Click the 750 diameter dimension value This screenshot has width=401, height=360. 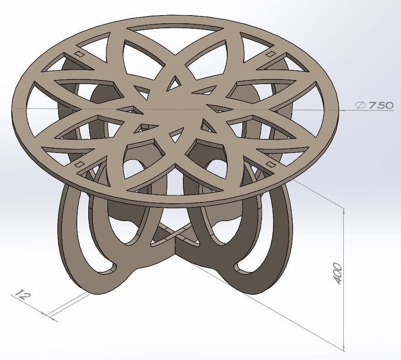(x=381, y=105)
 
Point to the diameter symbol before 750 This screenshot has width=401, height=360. (x=360, y=105)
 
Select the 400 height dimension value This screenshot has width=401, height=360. (x=337, y=273)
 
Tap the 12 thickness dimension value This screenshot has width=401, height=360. (x=21, y=295)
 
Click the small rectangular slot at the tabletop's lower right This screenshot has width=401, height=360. (x=270, y=164)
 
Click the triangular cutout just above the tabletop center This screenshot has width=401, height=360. (x=173, y=83)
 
